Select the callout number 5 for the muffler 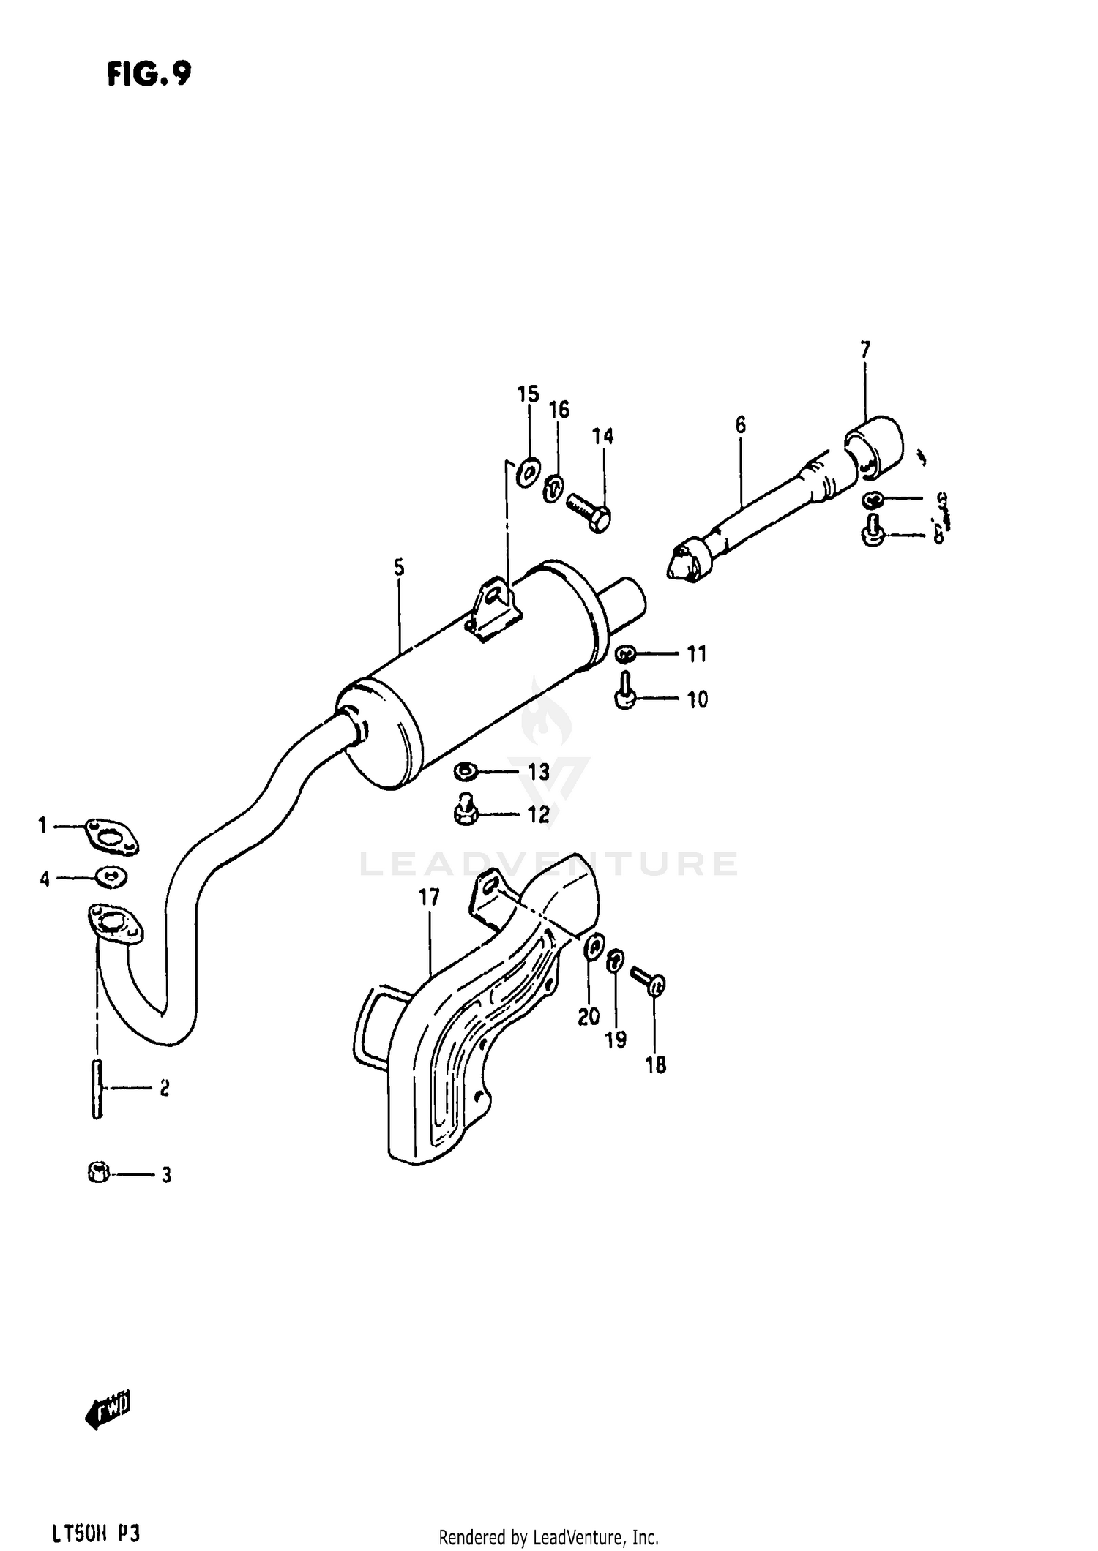[x=399, y=567]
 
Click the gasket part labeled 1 [x=111, y=835]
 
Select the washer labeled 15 [x=527, y=472]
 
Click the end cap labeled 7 [x=875, y=444]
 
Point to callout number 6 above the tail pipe [x=741, y=424]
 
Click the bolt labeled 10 [x=624, y=693]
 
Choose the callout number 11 [x=697, y=653]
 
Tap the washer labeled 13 [x=466, y=770]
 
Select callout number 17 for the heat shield [x=429, y=897]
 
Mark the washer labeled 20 [x=594, y=949]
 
